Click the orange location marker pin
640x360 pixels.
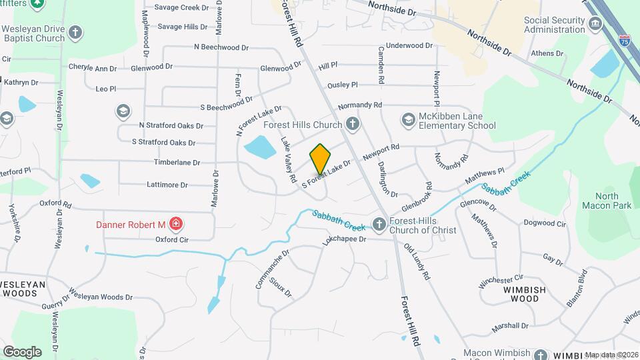tap(320, 159)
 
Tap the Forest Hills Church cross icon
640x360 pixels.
tap(353, 124)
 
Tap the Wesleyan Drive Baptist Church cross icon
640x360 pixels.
tap(77, 31)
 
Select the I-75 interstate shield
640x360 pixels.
tap(623, 40)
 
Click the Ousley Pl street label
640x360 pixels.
tap(342, 85)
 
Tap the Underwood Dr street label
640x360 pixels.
tap(409, 45)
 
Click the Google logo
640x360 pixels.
tap(22, 351)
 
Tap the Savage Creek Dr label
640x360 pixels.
tap(181, 7)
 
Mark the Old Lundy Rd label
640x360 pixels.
tap(417, 261)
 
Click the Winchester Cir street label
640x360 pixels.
tap(501, 277)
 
